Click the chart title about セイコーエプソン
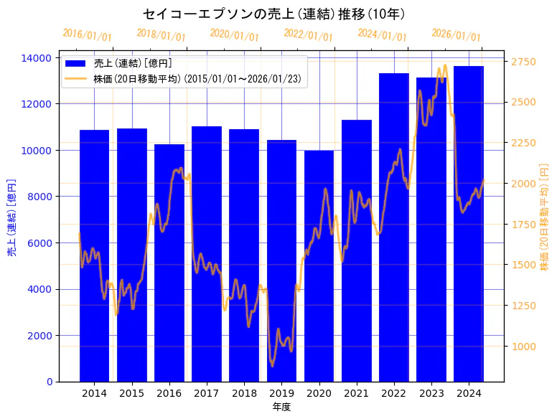pyautogui.click(x=273, y=14)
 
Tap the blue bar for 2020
pyautogui.click(x=319, y=265)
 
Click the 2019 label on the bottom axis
pyautogui.click(x=281, y=393)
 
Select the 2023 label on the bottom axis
pyautogui.click(x=431, y=393)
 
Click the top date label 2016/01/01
pyautogui.click(x=88, y=35)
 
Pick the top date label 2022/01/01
pyautogui.click(x=309, y=35)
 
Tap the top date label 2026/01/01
pyautogui.click(x=457, y=35)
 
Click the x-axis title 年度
pyautogui.click(x=281, y=407)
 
